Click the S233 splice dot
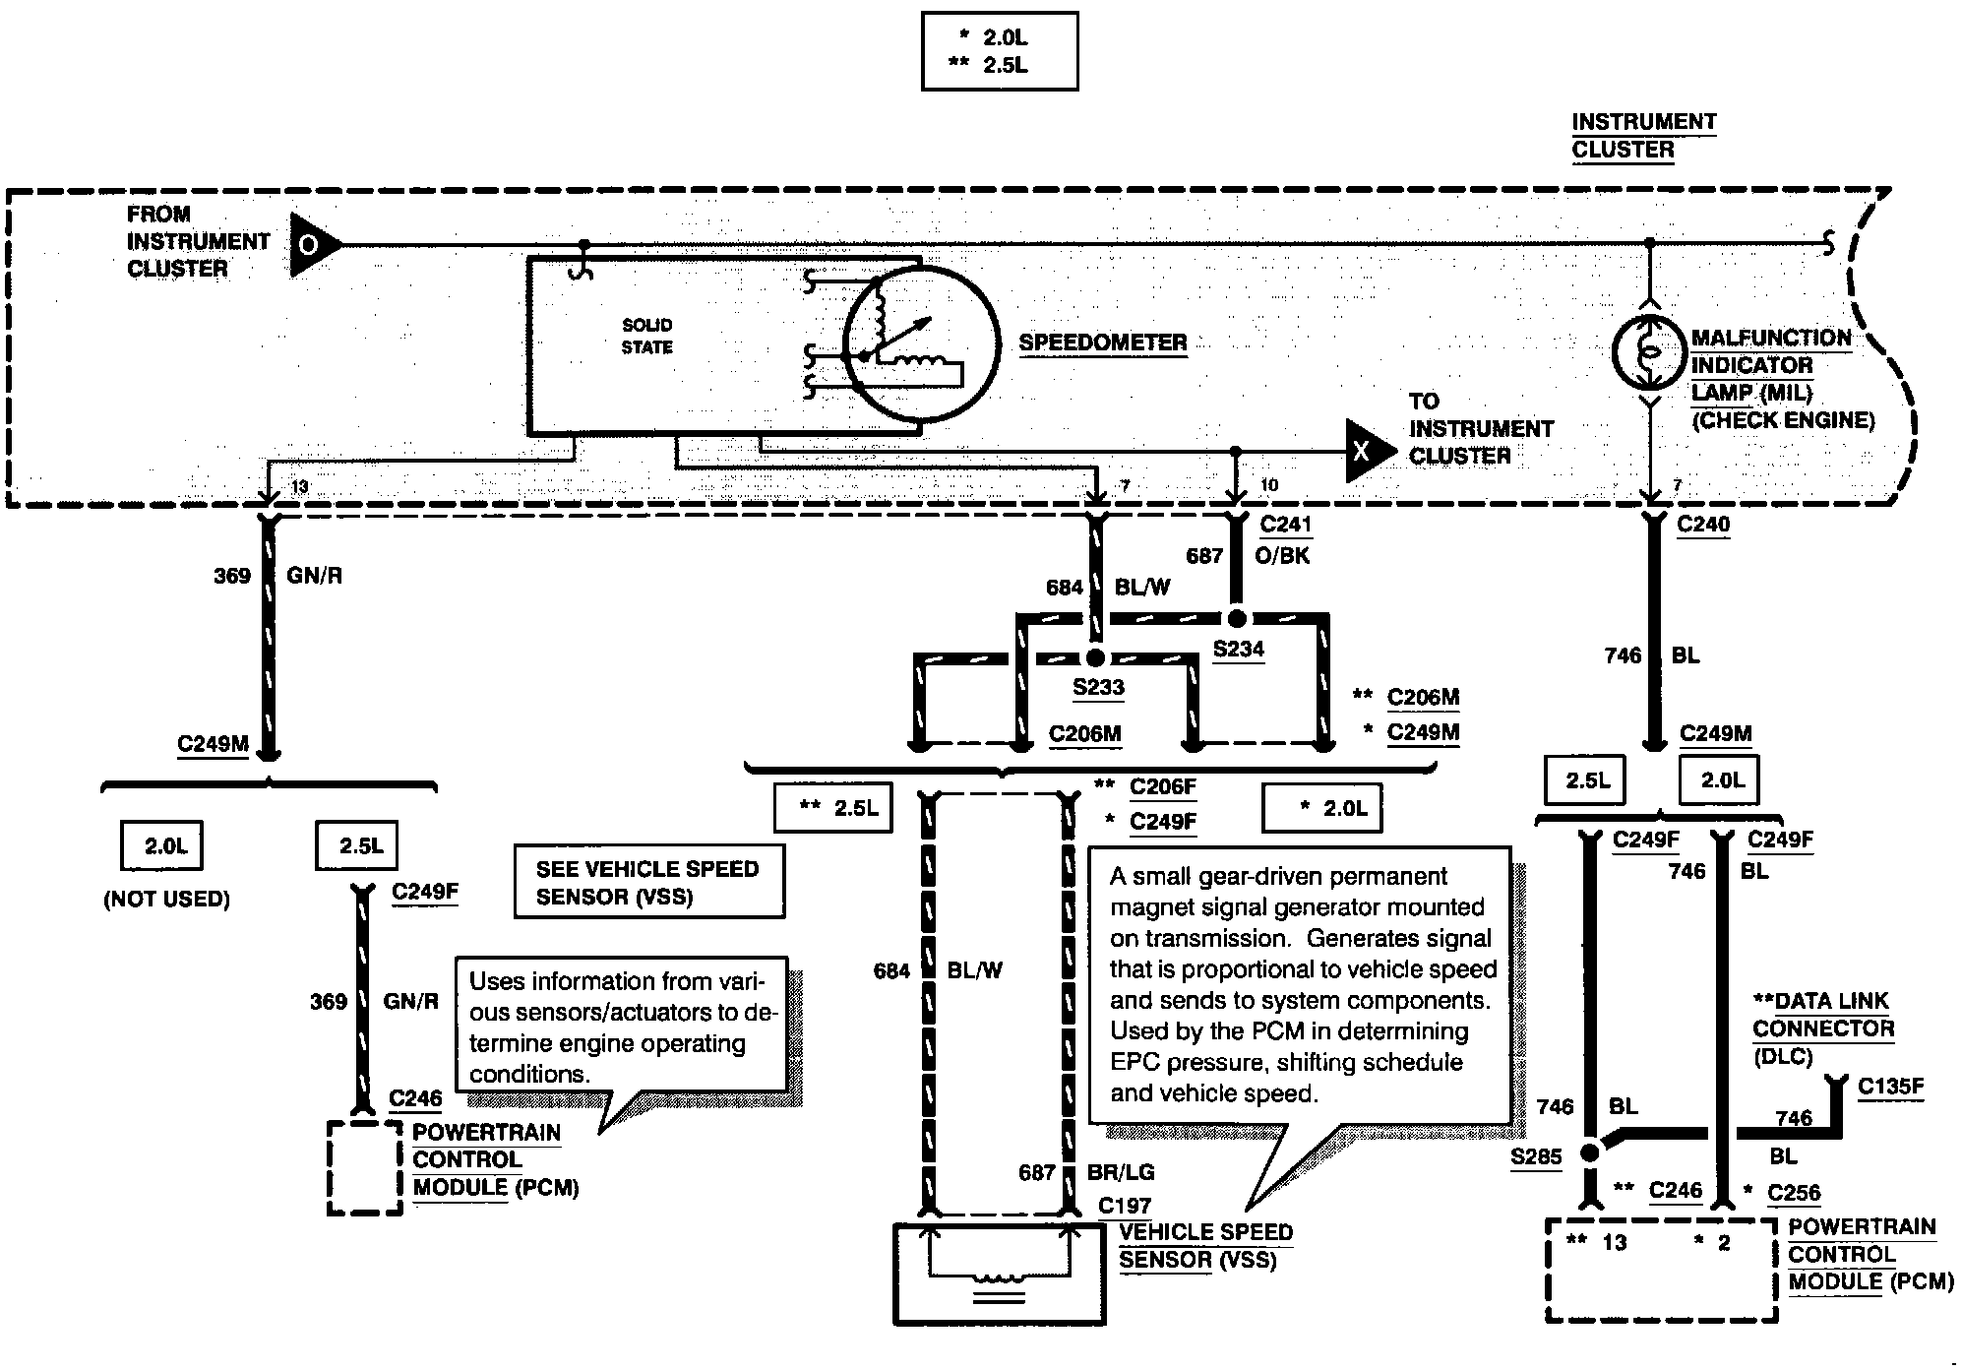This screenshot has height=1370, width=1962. (1095, 657)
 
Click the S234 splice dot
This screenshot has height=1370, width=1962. (1237, 619)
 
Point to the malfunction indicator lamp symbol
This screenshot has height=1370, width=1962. (1650, 351)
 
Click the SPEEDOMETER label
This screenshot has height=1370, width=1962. (1103, 342)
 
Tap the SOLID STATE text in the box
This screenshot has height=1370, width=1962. (647, 336)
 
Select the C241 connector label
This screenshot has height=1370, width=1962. (1285, 525)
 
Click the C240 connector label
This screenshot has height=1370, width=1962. (1703, 525)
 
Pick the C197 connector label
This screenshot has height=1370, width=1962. (1125, 1206)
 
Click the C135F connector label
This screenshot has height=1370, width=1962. (1890, 1087)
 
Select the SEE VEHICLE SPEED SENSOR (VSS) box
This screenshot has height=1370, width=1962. (649, 882)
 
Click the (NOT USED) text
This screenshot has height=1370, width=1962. (166, 900)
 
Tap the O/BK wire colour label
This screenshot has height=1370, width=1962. (1282, 556)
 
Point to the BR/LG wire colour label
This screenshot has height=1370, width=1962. (1121, 1172)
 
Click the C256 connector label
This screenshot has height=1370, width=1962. (1794, 1193)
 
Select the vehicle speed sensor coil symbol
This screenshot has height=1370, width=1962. (999, 1277)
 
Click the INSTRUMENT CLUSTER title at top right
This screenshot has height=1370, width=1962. (1643, 136)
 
